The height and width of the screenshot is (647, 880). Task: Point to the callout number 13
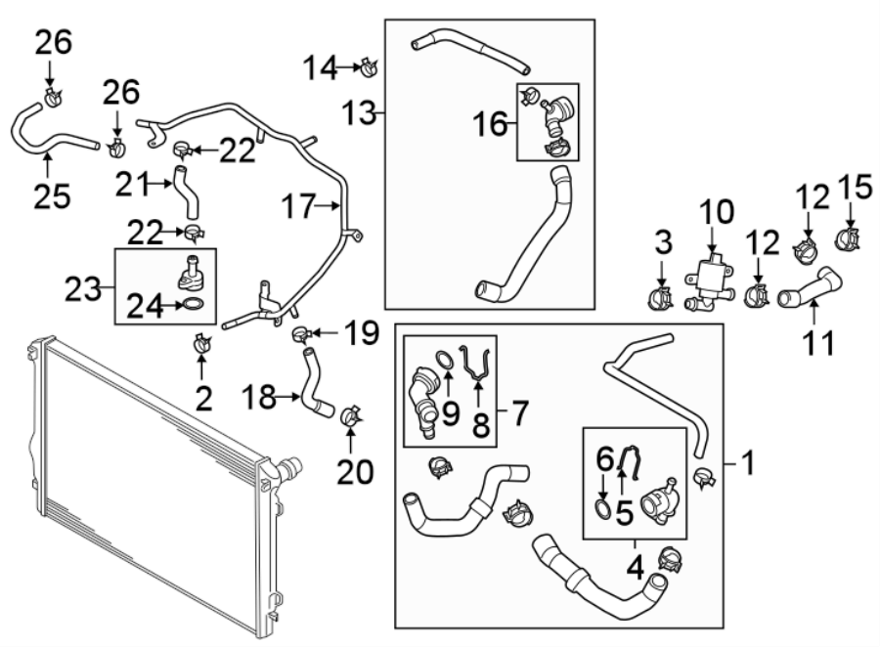(359, 115)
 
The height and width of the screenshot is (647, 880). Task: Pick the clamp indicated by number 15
(846, 237)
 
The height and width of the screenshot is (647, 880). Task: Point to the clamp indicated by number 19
(302, 335)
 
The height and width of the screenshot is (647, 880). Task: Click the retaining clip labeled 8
(478, 369)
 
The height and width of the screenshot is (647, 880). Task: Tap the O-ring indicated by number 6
(604, 508)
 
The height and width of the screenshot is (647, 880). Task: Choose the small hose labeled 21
(186, 191)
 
